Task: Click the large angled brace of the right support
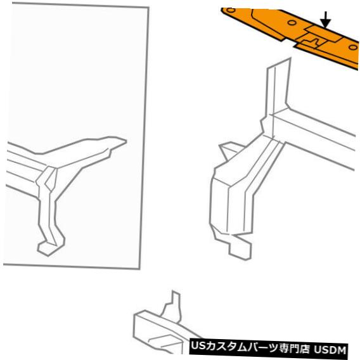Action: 243,184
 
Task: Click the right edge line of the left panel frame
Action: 144,136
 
